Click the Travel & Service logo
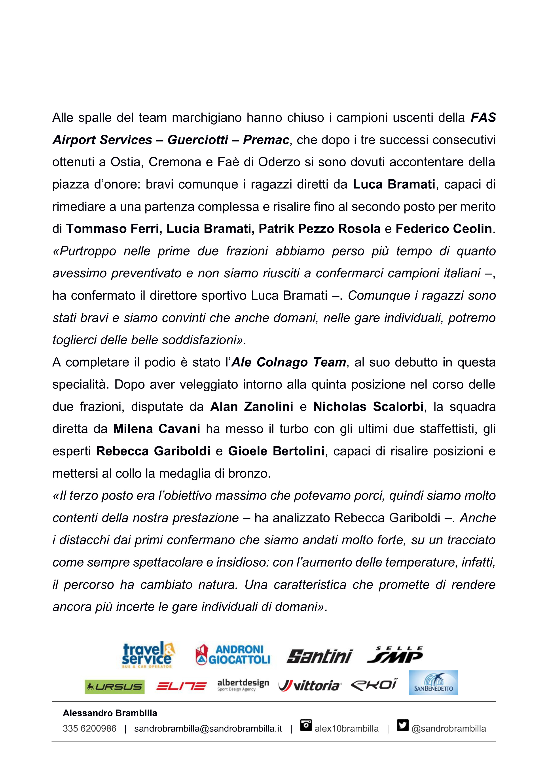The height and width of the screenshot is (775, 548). (x=148, y=655)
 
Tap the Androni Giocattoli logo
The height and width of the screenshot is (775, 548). (x=233, y=655)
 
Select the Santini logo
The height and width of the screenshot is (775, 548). (x=319, y=656)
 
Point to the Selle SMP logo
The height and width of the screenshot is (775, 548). (x=395, y=655)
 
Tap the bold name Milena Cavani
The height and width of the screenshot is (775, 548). (x=157, y=429)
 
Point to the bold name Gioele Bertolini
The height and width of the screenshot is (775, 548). (x=276, y=451)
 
